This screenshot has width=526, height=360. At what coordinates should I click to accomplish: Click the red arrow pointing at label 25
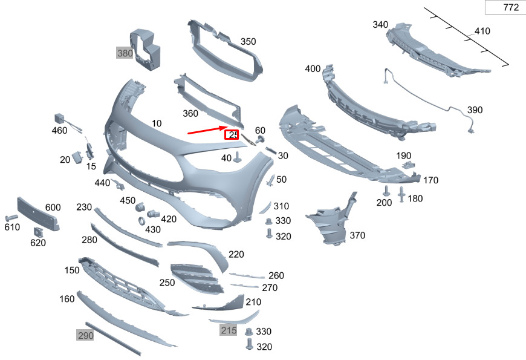(207, 130)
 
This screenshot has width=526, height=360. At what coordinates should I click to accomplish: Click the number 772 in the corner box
(511, 7)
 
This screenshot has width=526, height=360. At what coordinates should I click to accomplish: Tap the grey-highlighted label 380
(125, 53)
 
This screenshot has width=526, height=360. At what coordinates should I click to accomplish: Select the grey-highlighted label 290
(85, 335)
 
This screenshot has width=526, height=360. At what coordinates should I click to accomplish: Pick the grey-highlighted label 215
(229, 330)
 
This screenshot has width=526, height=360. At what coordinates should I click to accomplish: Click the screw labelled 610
(11, 218)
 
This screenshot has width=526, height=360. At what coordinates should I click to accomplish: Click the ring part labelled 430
(141, 221)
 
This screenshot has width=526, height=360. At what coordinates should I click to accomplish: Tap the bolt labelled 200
(387, 191)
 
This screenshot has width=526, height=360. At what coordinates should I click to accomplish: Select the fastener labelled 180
(401, 194)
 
